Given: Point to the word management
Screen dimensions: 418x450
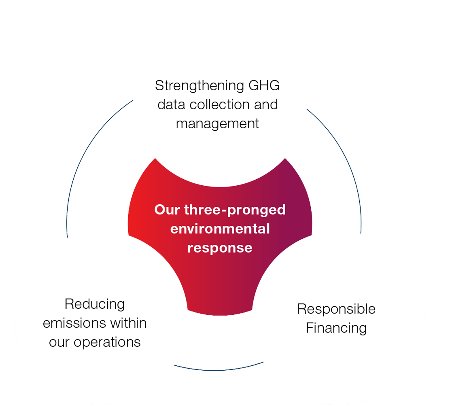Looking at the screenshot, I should click(x=218, y=123).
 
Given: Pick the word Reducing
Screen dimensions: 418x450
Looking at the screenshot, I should click(x=95, y=305).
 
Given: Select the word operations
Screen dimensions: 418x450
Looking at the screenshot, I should click(x=108, y=342).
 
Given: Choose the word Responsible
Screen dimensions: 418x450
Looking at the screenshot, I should click(x=336, y=309).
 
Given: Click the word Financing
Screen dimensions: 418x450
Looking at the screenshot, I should click(x=336, y=328).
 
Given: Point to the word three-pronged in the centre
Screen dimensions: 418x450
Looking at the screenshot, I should click(x=235, y=210).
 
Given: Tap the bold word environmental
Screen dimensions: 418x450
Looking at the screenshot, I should click(x=220, y=229).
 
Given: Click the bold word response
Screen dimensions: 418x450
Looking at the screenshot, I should click(x=220, y=247).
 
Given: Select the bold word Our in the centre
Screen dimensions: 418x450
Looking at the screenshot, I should click(x=167, y=210).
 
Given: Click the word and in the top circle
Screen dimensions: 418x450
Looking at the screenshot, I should click(x=265, y=104).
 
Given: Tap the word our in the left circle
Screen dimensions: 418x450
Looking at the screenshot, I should click(x=59, y=342).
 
